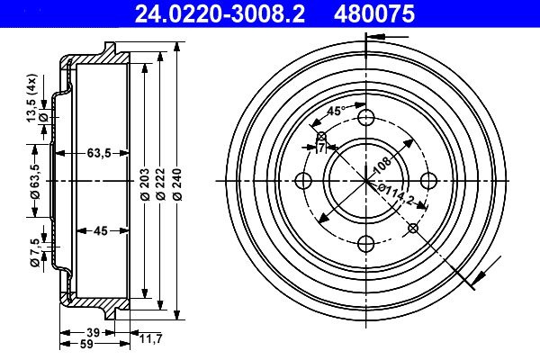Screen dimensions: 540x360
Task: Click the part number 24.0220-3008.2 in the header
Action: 220,13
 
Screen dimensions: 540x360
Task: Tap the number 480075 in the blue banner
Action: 374,13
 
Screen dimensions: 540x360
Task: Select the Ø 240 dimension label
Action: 177,184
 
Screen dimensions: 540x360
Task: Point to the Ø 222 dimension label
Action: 161,184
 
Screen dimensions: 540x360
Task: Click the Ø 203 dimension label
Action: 145,184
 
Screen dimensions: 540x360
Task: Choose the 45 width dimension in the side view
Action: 101,230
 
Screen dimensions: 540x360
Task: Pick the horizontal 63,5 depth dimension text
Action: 99,153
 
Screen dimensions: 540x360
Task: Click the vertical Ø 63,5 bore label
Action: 35,181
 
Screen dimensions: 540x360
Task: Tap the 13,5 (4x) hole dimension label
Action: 31,98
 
